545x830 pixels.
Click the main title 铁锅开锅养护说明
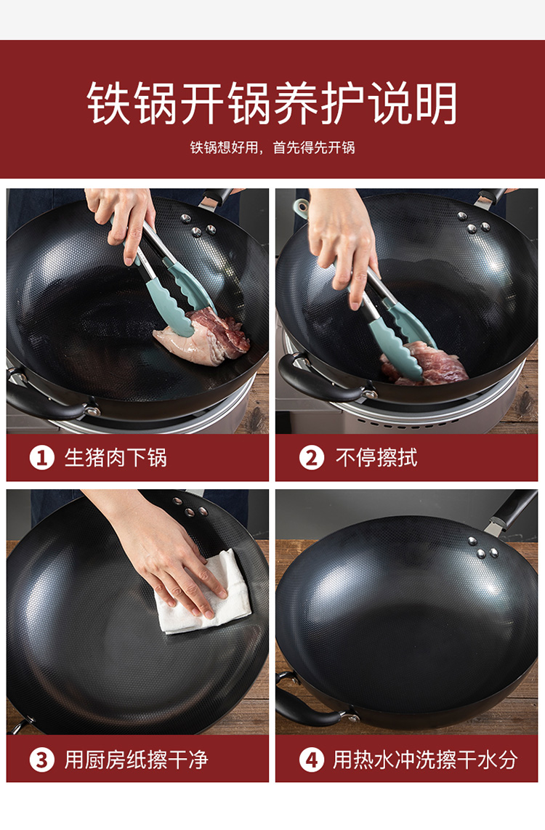click(272, 102)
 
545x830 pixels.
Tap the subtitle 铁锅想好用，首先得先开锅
click(272, 147)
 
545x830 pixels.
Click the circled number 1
click(42, 458)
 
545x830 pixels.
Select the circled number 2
click(312, 458)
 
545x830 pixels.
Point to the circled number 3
click(42, 760)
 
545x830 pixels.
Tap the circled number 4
click(312, 760)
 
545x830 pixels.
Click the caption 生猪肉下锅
click(116, 458)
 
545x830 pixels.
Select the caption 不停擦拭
click(376, 458)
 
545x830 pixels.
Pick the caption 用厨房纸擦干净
click(136, 760)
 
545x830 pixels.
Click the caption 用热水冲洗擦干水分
click(425, 760)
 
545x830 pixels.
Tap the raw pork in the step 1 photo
click(203, 337)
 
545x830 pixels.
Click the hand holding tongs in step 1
click(123, 222)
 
